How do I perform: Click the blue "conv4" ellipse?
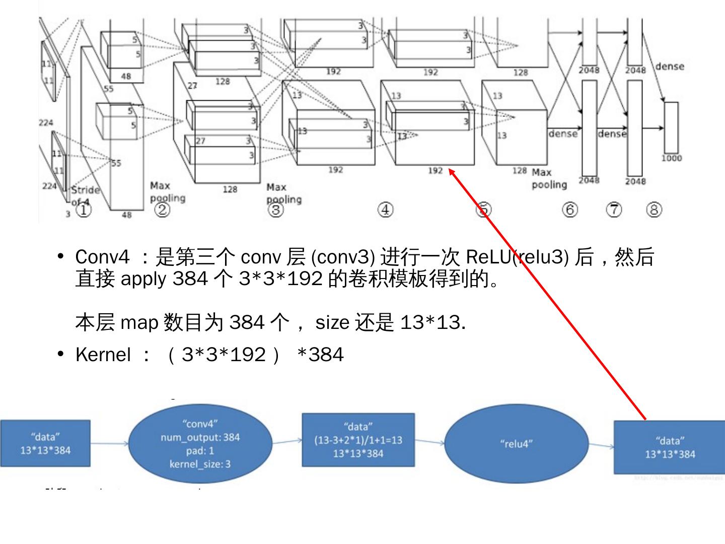[200, 443]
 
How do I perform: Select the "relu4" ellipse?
[516, 444]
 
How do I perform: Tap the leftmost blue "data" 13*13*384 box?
[45, 443]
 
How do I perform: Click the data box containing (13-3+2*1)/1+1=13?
[358, 440]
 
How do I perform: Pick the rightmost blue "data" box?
[670, 447]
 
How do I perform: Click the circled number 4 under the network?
[385, 210]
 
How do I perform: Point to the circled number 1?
[84, 210]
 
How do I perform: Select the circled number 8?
[654, 210]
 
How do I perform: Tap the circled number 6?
[569, 210]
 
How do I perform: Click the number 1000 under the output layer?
[672, 158]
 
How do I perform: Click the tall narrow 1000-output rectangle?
[671, 127]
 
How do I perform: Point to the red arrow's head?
[451, 172]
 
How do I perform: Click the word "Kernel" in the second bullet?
[103, 355]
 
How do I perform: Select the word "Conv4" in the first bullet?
[102, 257]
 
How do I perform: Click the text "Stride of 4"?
[85, 195]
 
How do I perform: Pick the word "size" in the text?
[332, 322]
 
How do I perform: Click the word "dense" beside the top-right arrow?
[669, 66]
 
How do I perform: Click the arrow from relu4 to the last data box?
[601, 445]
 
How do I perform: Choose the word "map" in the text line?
[139, 322]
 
